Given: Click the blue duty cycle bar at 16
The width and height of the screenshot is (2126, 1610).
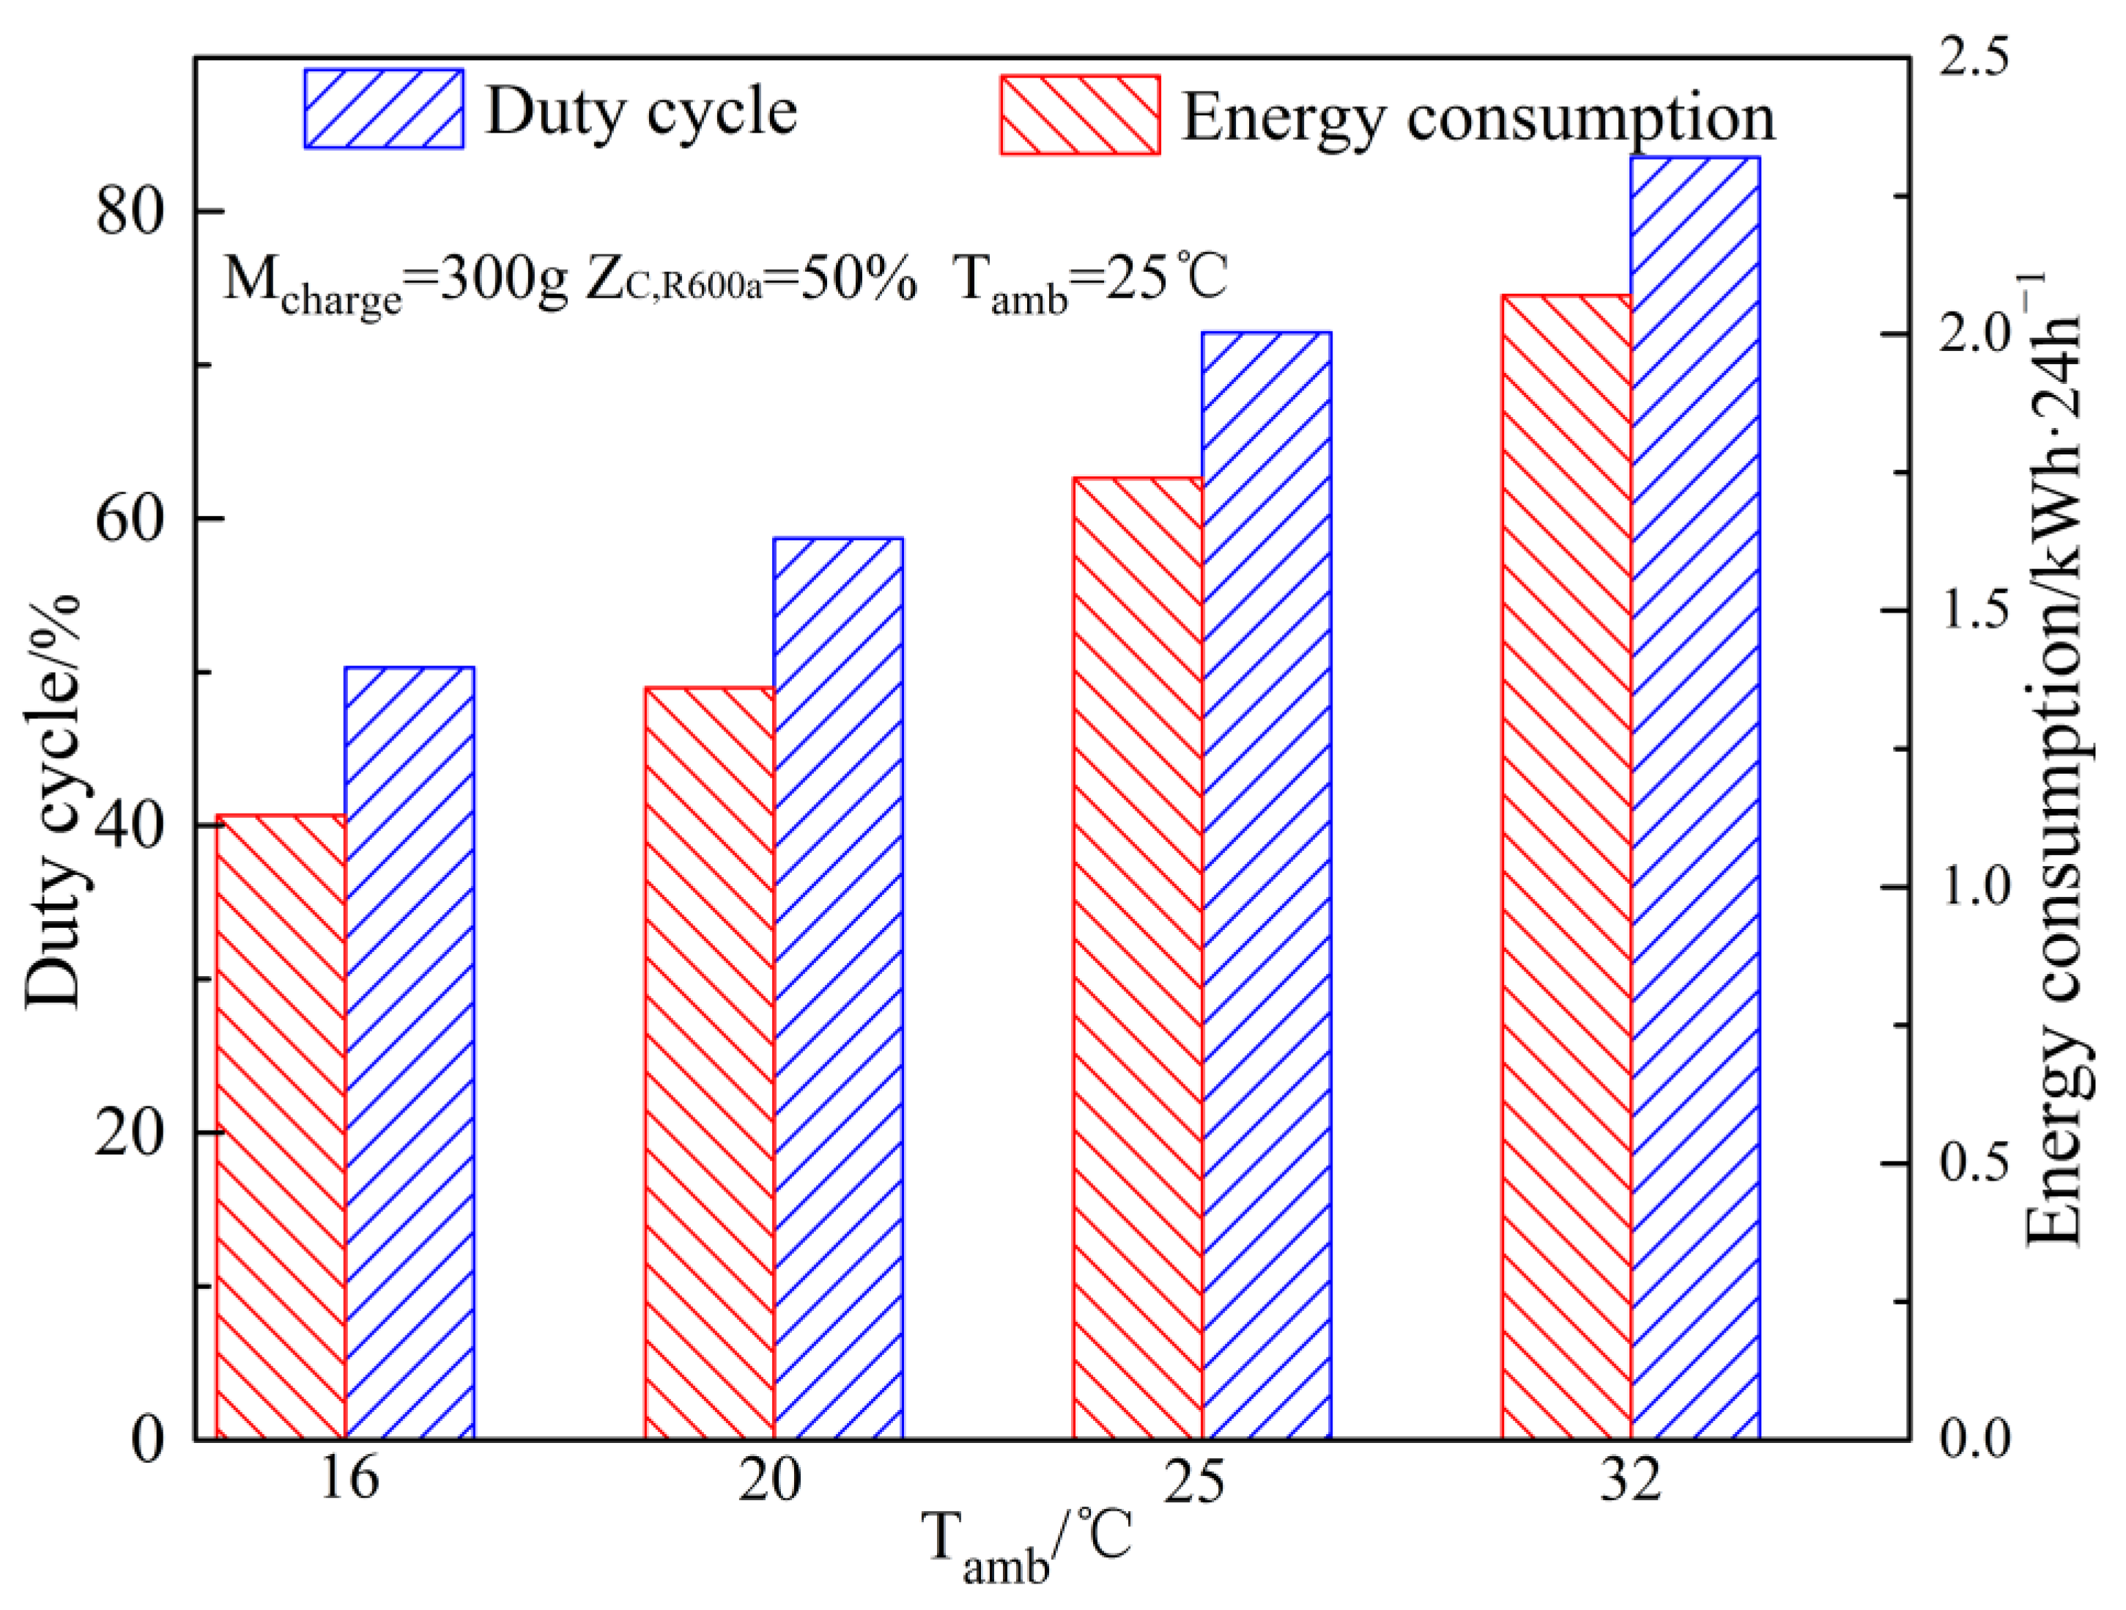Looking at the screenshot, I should tap(410, 1052).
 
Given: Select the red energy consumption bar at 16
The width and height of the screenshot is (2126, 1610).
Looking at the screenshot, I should tap(281, 1126).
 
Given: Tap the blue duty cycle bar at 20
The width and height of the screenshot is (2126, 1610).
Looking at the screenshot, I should tap(838, 988).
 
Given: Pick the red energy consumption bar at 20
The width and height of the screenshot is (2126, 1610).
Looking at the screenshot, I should tap(709, 1063).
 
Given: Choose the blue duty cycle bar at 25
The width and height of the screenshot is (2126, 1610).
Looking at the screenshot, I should tap(1267, 885).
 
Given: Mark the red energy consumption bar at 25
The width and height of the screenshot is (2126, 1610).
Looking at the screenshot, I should tap(1138, 957).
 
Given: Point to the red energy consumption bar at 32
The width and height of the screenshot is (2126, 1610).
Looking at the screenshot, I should tap(1566, 867).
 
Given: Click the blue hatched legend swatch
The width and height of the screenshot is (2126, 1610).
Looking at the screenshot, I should tap(385, 108).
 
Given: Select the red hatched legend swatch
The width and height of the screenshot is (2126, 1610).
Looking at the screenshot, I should tap(1081, 114).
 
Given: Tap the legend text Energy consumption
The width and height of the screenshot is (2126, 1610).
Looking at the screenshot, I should tap(1478, 117).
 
